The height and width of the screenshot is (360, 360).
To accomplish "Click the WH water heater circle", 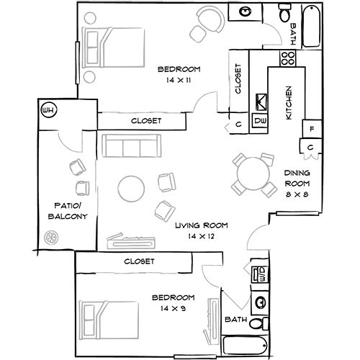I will [x=49, y=110].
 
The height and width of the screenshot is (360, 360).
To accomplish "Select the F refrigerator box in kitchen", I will [x=310, y=130].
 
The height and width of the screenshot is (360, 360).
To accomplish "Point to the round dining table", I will [x=252, y=173].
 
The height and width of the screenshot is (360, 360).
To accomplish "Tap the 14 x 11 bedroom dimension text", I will [x=179, y=81].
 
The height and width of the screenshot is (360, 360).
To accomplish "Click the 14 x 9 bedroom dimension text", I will [x=174, y=308].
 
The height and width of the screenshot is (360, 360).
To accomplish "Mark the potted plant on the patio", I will [x=51, y=236].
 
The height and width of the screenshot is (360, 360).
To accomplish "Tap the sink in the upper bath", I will [x=246, y=12].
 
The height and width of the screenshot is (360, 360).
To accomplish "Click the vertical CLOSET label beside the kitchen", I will [x=238, y=79].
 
